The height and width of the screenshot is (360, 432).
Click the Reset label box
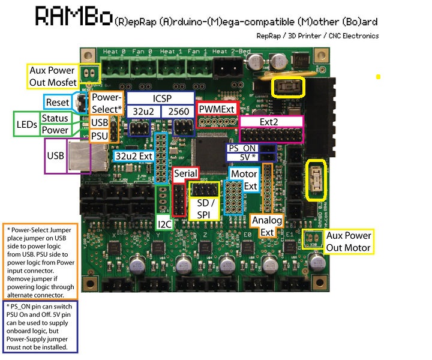[x=58, y=102]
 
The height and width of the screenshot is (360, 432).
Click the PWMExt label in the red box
[x=217, y=109]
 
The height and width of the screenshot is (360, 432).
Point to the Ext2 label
[x=271, y=122]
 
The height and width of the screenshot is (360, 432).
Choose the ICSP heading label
[x=160, y=97]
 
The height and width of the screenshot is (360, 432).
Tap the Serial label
[x=186, y=173]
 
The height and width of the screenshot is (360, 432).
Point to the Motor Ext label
[x=244, y=180]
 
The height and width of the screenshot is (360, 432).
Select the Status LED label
[x=55, y=118]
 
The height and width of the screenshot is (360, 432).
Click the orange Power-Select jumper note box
[x=40, y=261]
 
